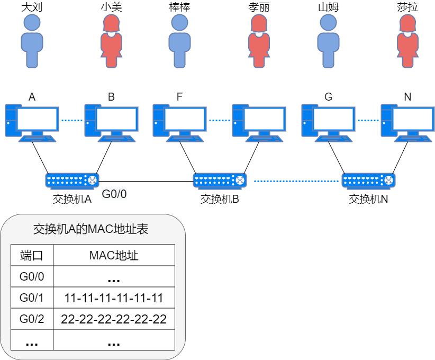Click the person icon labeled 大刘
(x=31, y=41)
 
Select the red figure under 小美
(x=111, y=41)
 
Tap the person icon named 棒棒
(x=179, y=41)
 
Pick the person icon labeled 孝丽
(x=259, y=41)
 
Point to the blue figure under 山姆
(x=328, y=41)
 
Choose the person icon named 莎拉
(x=407, y=41)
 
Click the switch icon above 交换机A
(x=72, y=181)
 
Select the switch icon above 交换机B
(x=220, y=181)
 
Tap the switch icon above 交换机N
(x=368, y=181)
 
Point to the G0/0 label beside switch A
(x=114, y=194)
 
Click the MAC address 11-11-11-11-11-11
(x=113, y=298)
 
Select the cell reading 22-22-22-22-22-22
(x=113, y=319)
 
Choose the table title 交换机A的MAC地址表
(x=90, y=229)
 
